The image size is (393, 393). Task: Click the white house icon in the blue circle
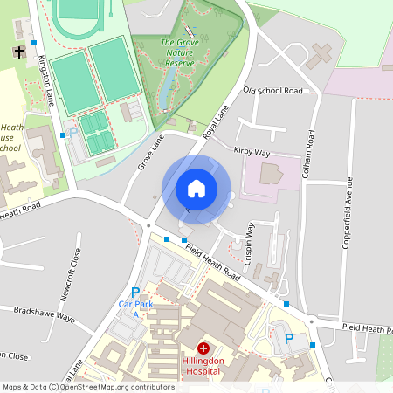[x=196, y=189]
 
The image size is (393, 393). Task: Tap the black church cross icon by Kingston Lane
[x=19, y=52]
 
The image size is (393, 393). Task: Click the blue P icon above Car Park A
[x=134, y=293]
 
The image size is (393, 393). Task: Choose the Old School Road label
[x=272, y=91]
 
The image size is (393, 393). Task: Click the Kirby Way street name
[x=252, y=151]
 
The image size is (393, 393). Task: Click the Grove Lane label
[x=150, y=152]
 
